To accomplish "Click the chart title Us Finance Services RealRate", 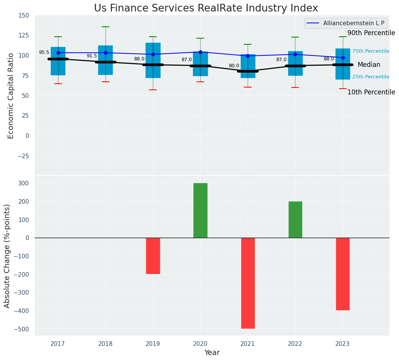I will (206, 8).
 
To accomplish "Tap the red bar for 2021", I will (248, 283).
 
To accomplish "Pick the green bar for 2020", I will (200, 210).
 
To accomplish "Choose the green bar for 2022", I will (295, 219).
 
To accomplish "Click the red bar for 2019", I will (153, 256).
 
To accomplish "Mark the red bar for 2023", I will (342, 274).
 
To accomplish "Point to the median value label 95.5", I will (44, 53).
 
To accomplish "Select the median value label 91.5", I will (92, 56).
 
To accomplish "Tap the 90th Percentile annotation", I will (371, 33).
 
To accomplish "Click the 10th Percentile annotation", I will (371, 92).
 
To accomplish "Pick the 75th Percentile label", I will (371, 51).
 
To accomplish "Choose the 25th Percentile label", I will (371, 77).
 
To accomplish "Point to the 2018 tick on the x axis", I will (105, 344).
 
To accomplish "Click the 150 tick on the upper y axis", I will (23, 16).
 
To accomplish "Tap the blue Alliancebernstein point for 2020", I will (200, 52).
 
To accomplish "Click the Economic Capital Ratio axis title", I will (11, 96).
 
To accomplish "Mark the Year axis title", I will (212, 353).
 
